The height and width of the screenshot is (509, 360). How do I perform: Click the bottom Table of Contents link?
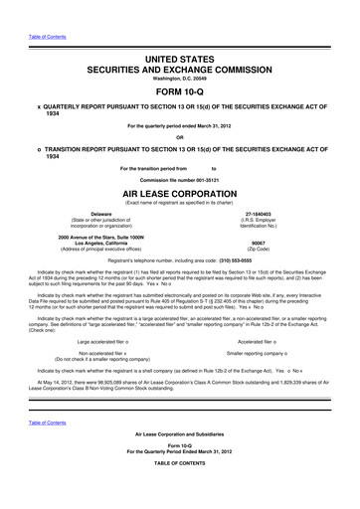click(42, 449)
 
